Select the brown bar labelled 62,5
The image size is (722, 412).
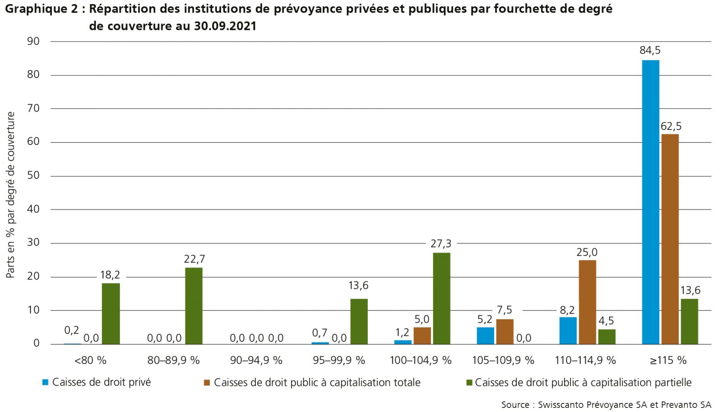670,239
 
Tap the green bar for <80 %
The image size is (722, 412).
111,314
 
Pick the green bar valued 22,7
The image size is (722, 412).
194,306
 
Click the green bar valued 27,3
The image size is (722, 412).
441,298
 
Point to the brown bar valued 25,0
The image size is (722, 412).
587,302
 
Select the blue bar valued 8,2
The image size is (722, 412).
568,330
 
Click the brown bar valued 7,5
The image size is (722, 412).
504,331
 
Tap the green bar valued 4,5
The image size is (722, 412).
606,337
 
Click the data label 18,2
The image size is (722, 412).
110,275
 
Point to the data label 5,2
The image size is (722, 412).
485,319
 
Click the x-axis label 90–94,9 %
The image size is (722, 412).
256,360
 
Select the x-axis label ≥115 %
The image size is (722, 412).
668,360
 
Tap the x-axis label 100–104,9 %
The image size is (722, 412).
421,360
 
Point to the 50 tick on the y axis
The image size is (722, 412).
33,176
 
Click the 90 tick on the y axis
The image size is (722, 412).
33,42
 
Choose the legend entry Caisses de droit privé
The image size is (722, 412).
101,382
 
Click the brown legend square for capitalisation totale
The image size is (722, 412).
207,383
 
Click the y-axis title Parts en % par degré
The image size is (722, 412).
11,195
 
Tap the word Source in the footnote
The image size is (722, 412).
515,404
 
